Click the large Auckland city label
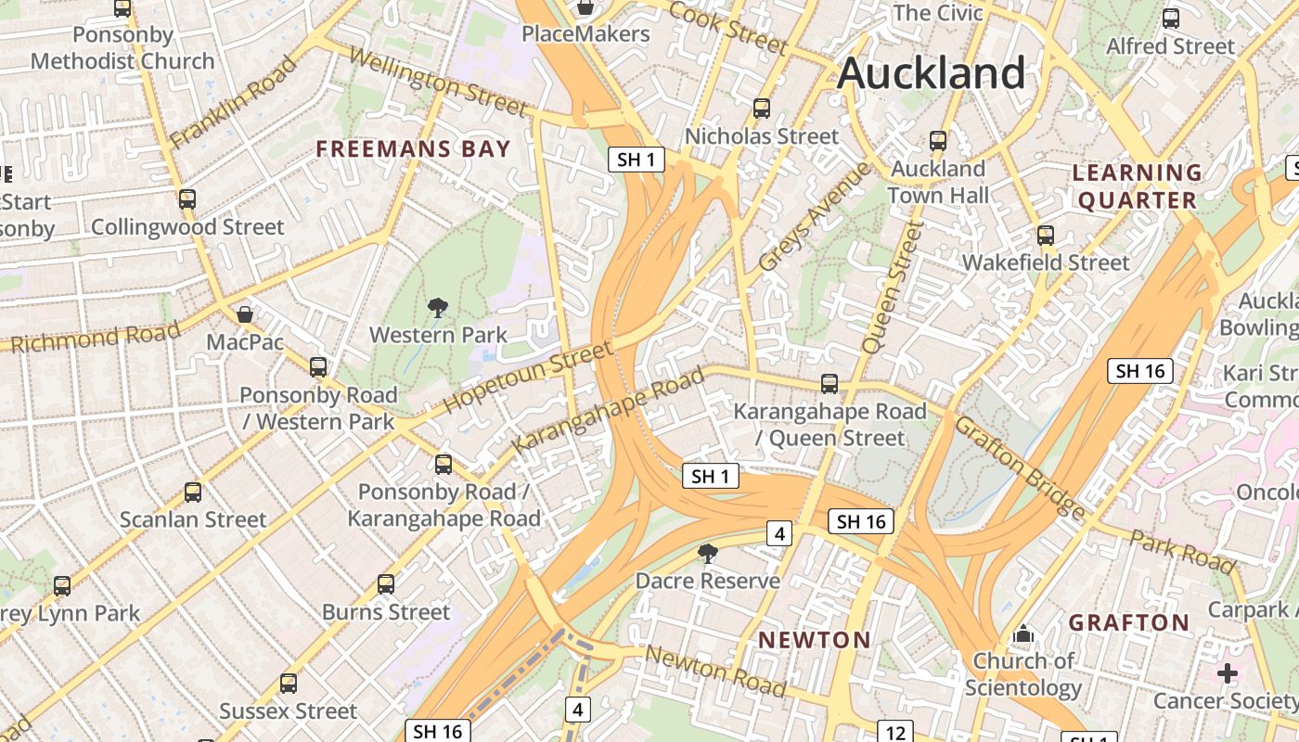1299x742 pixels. [x=932, y=73]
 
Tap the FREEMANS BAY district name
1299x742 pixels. [x=413, y=149]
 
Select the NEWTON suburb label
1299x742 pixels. [x=815, y=640]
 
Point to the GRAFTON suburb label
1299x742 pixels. [x=1128, y=622]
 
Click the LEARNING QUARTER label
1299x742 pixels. [x=1137, y=186]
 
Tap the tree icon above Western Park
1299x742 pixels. [x=438, y=308]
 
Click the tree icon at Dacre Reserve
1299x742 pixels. [x=708, y=555]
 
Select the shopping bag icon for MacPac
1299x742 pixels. [x=245, y=314]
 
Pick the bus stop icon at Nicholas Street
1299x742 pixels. [x=762, y=109]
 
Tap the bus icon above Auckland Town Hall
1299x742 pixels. [x=938, y=141]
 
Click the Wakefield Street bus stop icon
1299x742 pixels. [x=1046, y=236]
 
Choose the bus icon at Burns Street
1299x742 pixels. [x=386, y=584]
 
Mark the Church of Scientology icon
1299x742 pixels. [x=1023, y=634]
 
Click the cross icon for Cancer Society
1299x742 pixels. [x=1228, y=673]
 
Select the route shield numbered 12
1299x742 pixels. [x=894, y=733]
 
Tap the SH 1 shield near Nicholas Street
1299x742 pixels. [x=637, y=160]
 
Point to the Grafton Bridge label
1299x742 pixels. [x=1019, y=467]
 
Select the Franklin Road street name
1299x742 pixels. [x=233, y=102]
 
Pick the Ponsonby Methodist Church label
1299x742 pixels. [x=122, y=48]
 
